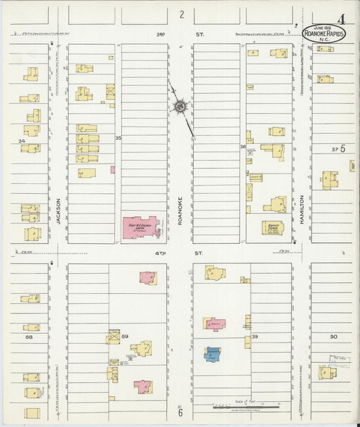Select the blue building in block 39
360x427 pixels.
213,354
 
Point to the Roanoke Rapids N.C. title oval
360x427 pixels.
323,32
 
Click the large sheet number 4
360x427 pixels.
343,19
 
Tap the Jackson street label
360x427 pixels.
59,211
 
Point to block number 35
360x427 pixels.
118,138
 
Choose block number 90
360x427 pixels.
333,336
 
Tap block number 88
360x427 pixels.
28,336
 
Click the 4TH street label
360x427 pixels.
179,254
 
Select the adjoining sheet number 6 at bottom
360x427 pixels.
180,412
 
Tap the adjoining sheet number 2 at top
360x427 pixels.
181,14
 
